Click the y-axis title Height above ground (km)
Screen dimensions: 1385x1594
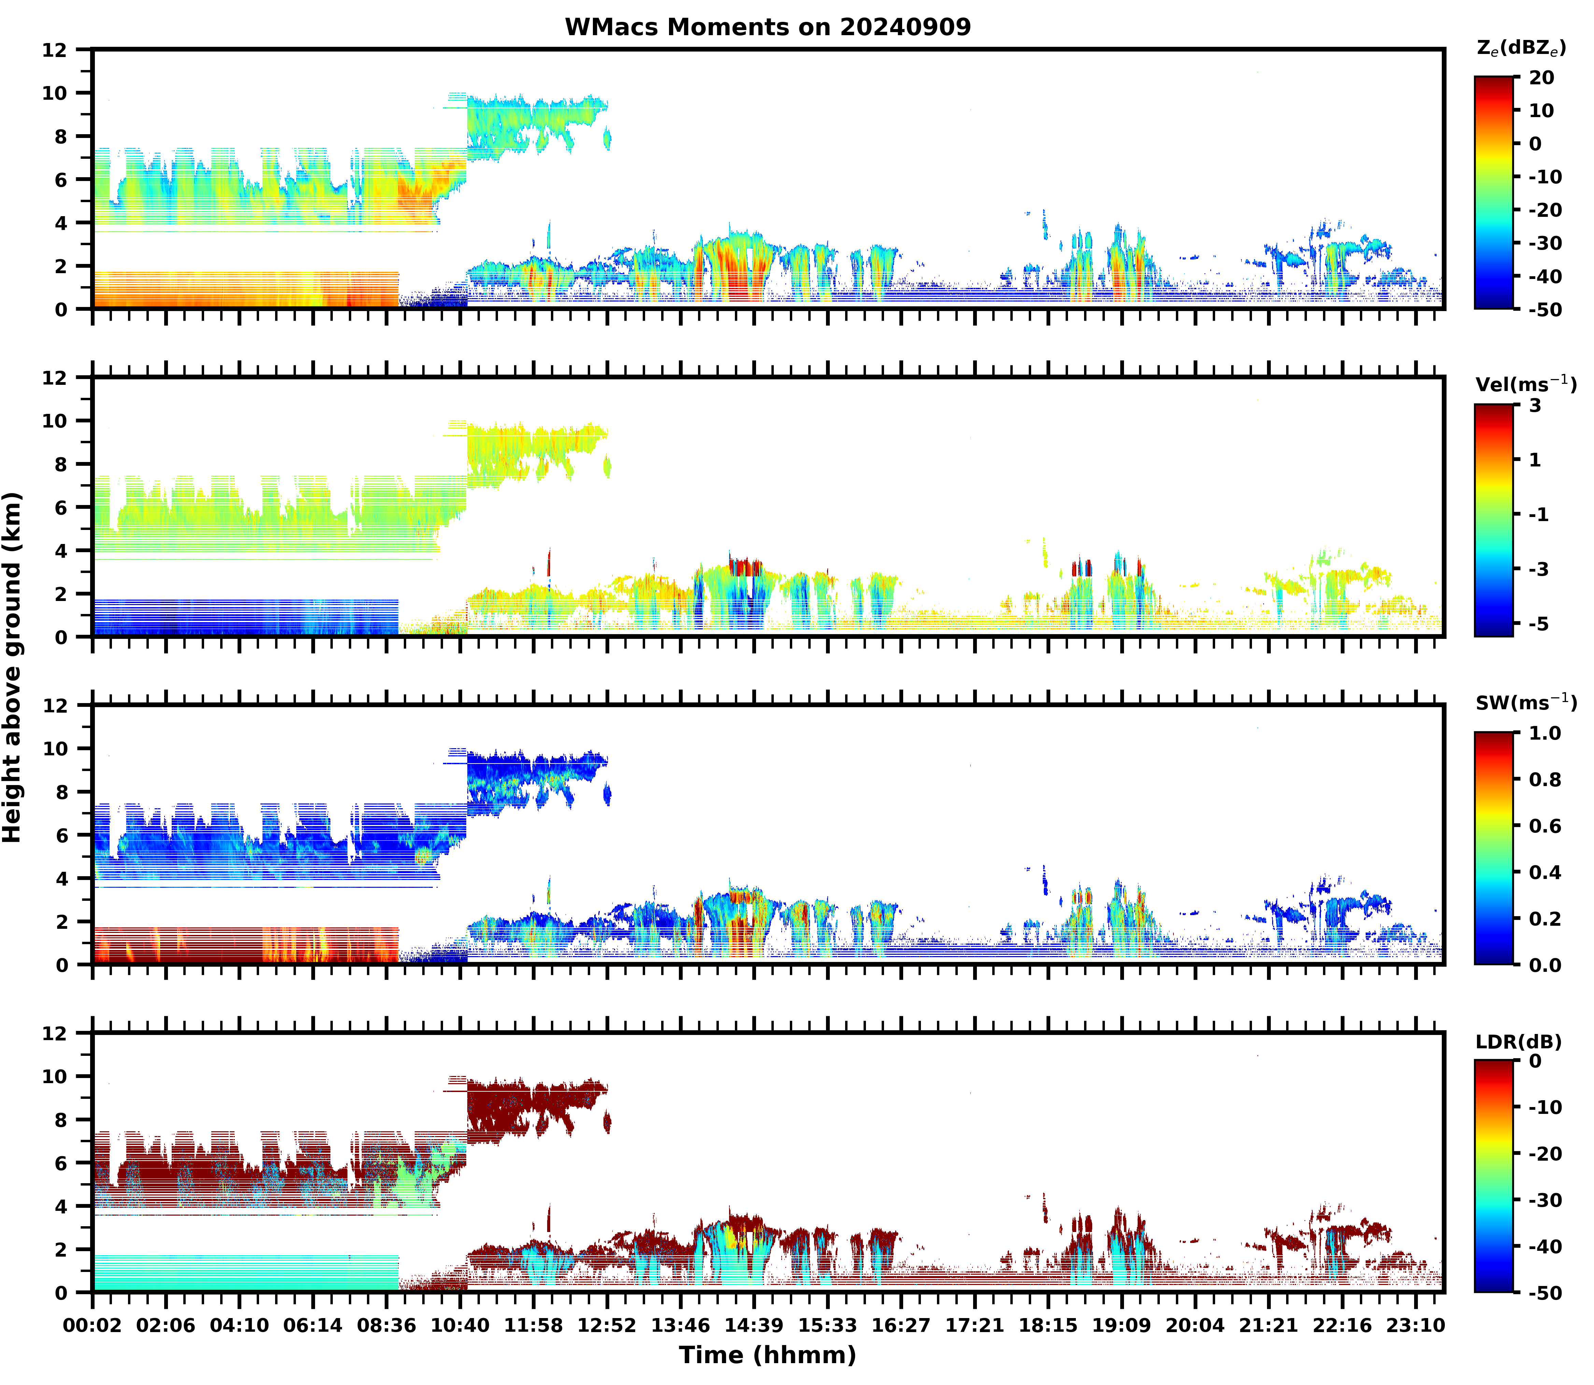(12, 667)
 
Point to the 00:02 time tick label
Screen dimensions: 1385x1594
(93, 1326)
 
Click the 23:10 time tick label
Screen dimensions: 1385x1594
(1415, 1326)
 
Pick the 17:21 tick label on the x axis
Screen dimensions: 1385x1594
(974, 1326)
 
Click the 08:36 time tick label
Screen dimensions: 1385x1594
(386, 1326)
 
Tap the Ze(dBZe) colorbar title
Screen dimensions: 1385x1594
(1521, 48)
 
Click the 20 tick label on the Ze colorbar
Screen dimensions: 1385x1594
(1541, 78)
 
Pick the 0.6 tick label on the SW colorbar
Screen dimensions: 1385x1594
(1545, 826)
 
